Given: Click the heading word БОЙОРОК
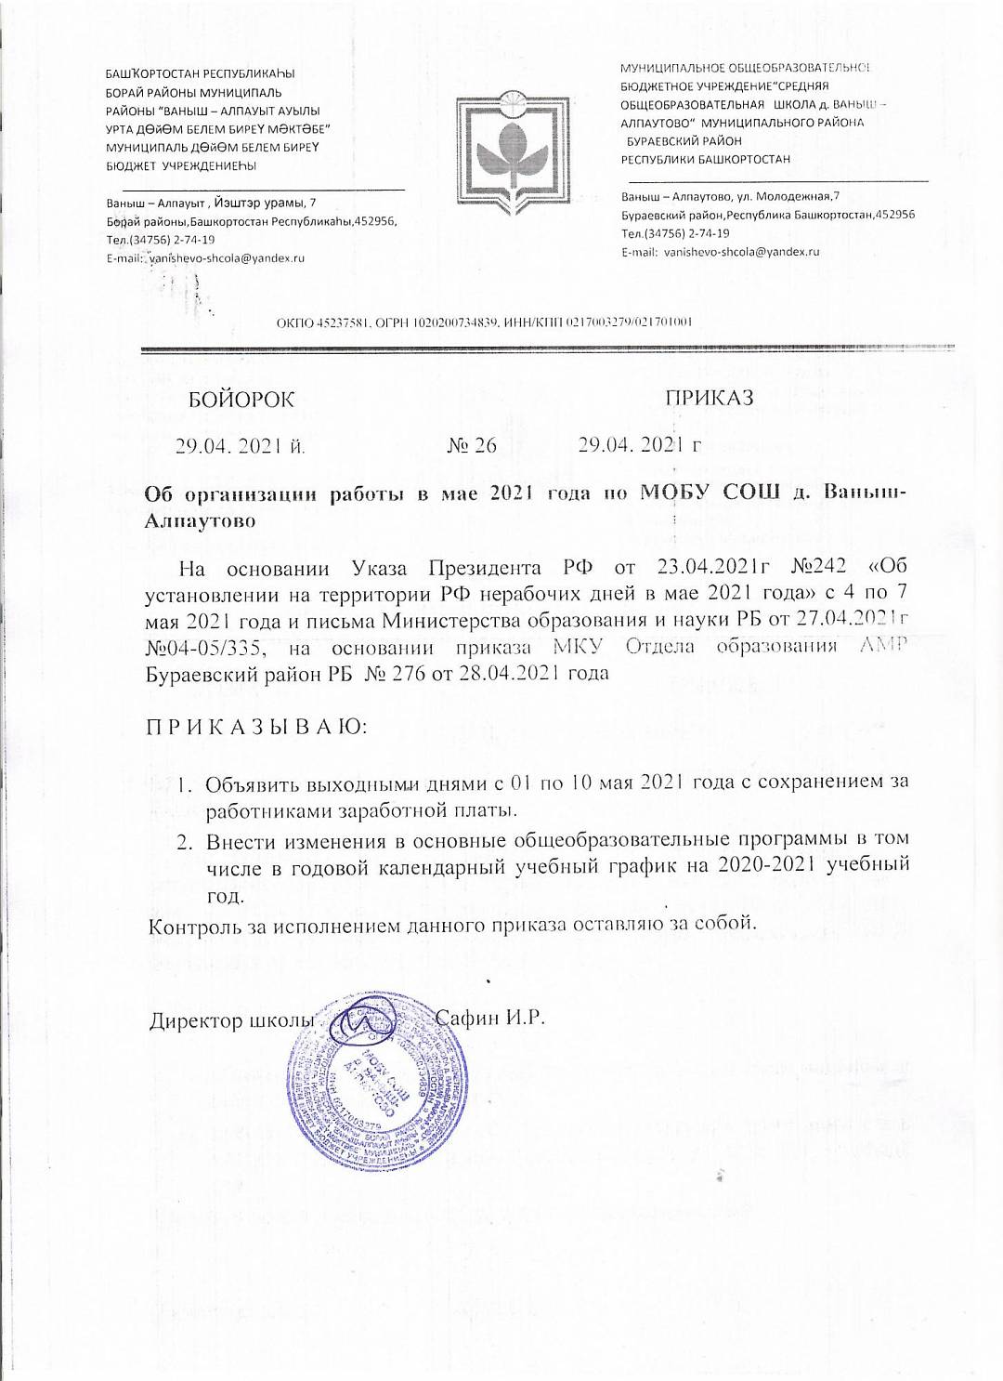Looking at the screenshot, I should [241, 401].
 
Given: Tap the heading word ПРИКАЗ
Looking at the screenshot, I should [709, 398].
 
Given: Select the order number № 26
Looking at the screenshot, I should [472, 445].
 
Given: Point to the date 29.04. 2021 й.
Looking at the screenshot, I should [241, 446].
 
